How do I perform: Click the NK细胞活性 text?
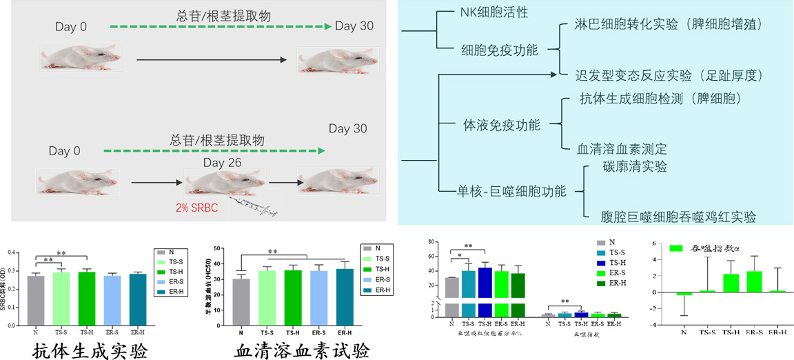[x=494, y=12]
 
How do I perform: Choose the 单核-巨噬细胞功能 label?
[x=511, y=191]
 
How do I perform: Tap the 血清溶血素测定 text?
[x=623, y=148]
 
